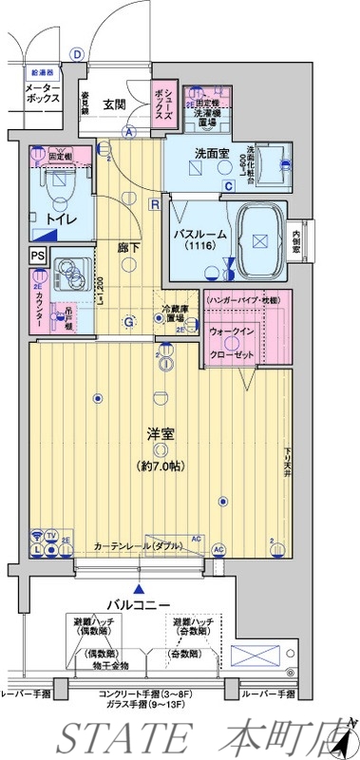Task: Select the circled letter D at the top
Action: pyautogui.click(x=77, y=53)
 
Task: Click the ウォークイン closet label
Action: pyautogui.click(x=232, y=332)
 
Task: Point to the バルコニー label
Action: pyautogui.click(x=139, y=604)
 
